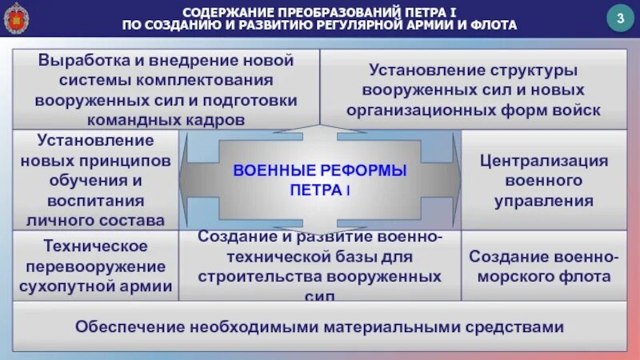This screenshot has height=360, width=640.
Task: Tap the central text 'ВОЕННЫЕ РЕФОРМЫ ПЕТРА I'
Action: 319,180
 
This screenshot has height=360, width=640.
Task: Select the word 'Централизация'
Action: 544,160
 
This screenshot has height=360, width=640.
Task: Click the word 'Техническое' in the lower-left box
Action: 95,245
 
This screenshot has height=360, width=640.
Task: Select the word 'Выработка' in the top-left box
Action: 89,60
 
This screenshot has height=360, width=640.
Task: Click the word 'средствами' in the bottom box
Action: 521,326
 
